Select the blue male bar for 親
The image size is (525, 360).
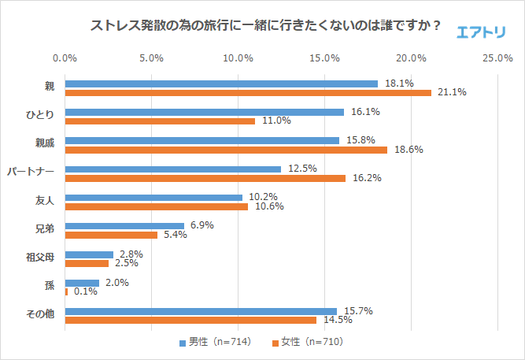click(221, 84)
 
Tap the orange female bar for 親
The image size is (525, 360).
click(248, 92)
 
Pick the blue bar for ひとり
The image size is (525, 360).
click(204, 112)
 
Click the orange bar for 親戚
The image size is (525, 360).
click(226, 150)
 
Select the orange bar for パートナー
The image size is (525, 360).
click(205, 178)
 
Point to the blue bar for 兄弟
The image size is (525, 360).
click(124, 226)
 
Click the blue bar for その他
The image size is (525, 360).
click(201, 311)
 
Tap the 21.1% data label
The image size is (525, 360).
click(452, 92)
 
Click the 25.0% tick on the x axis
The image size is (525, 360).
click(497, 58)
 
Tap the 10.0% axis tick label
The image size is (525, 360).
click(238, 58)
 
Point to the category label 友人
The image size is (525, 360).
click(44, 202)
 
